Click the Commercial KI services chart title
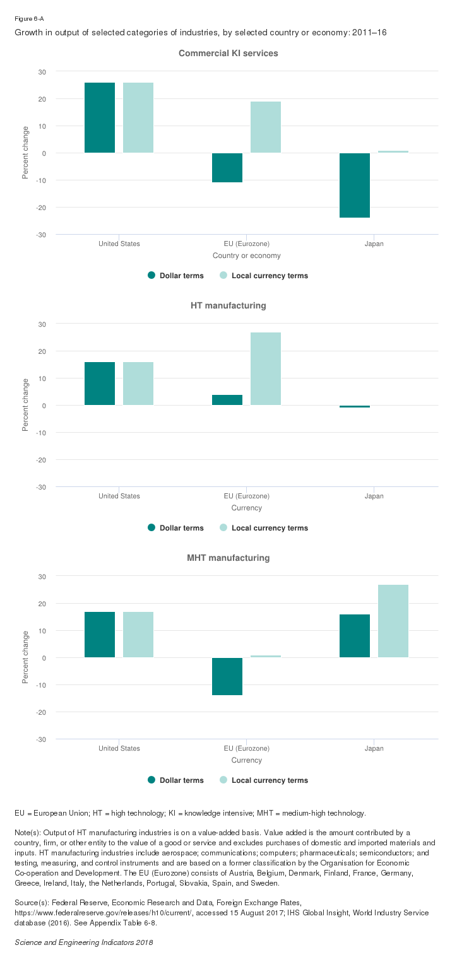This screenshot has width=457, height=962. (228, 54)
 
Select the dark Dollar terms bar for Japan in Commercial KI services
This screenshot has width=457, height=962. (355, 185)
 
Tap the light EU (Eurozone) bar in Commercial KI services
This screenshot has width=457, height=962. (266, 127)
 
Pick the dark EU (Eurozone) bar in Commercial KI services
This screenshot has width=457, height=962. (227, 168)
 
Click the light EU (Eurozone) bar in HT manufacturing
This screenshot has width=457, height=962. (266, 369)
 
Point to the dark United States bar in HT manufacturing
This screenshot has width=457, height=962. (100, 384)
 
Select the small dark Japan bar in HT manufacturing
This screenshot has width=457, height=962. (355, 407)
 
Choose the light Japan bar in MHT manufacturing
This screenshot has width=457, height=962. (393, 621)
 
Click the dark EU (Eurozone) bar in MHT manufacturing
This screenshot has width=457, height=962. (227, 676)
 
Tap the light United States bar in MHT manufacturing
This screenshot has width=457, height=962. (138, 635)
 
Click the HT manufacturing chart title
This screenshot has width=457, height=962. (228, 306)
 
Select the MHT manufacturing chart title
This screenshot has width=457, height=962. (228, 558)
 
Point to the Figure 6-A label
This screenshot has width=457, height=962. (29, 19)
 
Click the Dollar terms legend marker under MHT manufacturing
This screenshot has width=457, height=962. (151, 780)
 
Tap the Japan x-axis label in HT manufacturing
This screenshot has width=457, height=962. (374, 496)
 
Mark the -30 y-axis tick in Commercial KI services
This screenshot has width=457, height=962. (42, 235)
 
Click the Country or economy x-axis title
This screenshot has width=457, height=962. (247, 255)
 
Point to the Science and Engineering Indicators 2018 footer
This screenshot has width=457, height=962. (84, 942)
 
